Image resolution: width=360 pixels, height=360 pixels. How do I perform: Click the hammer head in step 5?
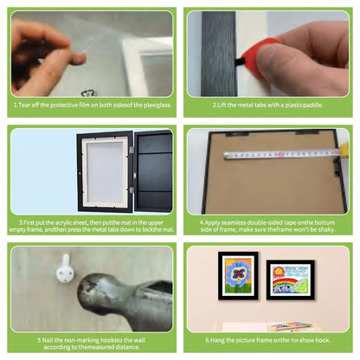click(x=104, y=292)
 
